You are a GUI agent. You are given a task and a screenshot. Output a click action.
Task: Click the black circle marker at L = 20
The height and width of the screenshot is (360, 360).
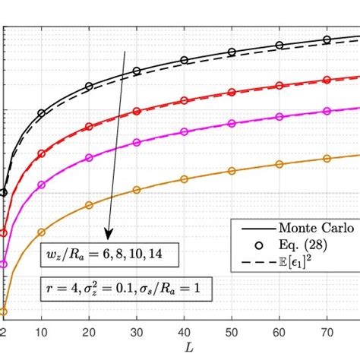click(89, 87)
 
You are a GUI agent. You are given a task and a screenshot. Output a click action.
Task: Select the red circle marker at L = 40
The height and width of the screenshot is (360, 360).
click(184, 101)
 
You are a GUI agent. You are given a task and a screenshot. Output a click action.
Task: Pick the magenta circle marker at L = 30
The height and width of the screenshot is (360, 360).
click(137, 142)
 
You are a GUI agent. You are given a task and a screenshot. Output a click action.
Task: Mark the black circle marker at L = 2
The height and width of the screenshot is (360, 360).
click(4, 192)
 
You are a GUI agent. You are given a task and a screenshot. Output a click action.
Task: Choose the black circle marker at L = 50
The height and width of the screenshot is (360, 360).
click(232, 52)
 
